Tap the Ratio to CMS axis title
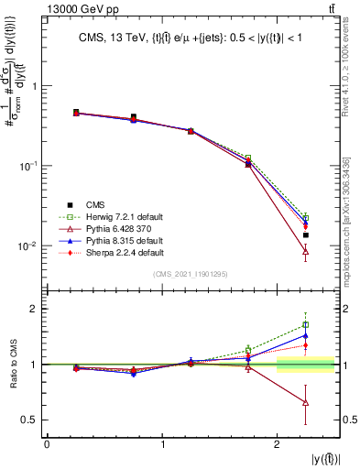12,365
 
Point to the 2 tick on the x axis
278,444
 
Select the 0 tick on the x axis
47,444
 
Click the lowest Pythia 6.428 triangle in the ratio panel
305,403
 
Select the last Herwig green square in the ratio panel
305,325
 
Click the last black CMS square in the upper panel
305,235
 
